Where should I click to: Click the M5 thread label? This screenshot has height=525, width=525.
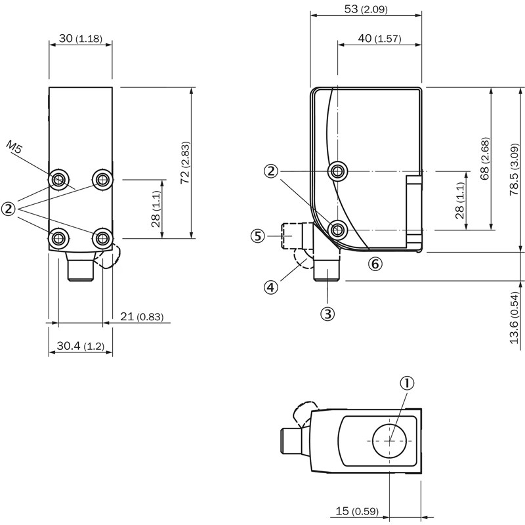coord(14,146)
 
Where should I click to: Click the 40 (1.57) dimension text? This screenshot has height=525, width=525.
coord(379,39)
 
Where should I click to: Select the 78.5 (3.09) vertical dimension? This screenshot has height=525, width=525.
coord(516,168)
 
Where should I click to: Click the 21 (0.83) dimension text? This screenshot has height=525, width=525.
coord(141,318)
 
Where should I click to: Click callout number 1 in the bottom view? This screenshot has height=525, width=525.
coord(408,383)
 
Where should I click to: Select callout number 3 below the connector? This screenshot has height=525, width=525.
coord(327,314)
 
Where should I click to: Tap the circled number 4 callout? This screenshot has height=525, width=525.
coord(272,287)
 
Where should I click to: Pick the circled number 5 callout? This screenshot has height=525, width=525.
coord(258,236)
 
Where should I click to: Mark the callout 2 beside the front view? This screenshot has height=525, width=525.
coord(9,209)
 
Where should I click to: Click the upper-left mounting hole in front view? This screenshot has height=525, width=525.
coord(59,178)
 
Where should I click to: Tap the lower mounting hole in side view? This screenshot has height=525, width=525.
coord(337,228)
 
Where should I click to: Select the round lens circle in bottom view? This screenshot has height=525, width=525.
coord(390,440)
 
